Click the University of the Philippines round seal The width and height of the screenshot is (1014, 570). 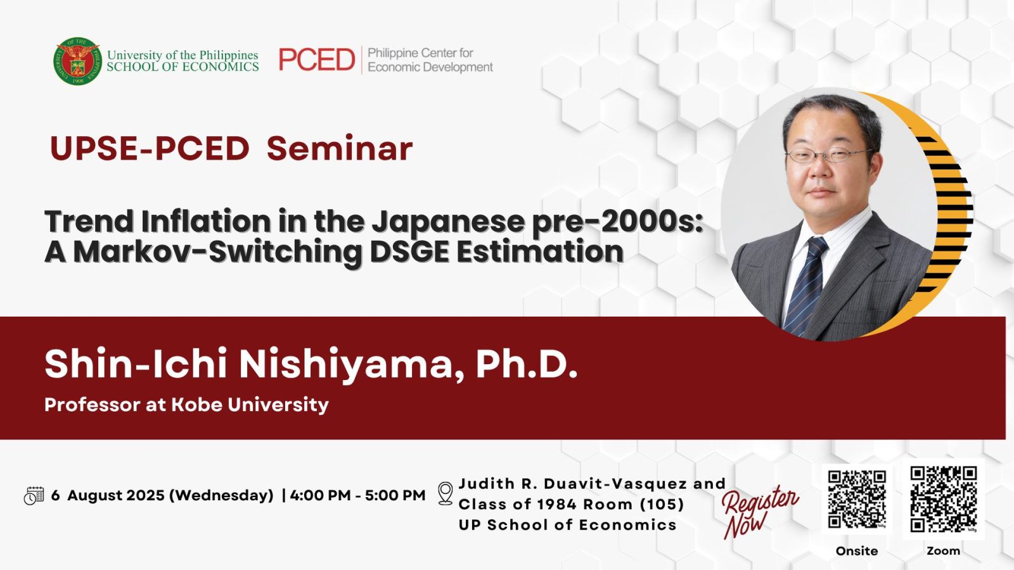[x=77, y=61]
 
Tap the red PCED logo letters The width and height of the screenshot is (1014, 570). [x=317, y=60]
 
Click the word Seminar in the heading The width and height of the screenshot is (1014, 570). [x=340, y=148]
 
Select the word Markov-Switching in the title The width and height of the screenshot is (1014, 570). [x=218, y=251]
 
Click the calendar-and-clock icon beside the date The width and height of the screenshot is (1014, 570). [x=34, y=496]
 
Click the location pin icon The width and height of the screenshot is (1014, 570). [x=446, y=493]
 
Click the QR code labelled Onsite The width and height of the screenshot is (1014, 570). [x=857, y=500]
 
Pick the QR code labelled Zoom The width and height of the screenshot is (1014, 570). [x=944, y=499]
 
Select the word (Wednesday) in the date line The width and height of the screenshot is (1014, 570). [x=221, y=496]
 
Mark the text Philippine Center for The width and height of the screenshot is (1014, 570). [x=421, y=53]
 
